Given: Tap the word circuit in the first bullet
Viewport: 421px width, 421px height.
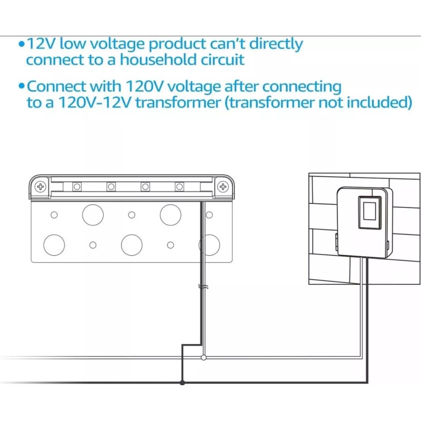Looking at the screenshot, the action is pos(223,59).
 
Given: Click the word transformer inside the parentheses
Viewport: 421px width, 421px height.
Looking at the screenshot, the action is pos(271,102).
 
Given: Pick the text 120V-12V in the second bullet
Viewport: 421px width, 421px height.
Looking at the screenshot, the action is pos(95,102).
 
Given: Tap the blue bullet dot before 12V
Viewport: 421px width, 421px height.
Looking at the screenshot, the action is pos(22,44).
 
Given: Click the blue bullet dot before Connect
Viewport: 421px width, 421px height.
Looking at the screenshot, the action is pos(22,86).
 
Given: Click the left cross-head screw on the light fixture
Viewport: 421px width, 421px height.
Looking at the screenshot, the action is pos(41,187).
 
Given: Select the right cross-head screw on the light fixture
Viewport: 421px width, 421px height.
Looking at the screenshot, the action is pos(223,187).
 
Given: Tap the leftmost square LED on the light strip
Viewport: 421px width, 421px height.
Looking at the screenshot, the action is pos(77,187).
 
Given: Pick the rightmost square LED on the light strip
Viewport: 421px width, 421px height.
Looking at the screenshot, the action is pos(179,187).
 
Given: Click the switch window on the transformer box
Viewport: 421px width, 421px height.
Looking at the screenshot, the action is pos(370,212).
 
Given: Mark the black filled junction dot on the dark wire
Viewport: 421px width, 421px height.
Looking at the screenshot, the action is pos(182,383).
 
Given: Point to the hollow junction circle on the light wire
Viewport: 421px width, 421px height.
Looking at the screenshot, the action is pos(204,357).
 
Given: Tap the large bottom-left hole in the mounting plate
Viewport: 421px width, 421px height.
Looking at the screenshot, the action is pos(54,245).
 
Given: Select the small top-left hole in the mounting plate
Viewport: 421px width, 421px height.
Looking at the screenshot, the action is pos(54,215).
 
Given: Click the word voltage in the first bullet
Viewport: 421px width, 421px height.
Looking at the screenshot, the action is pos(117,44).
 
